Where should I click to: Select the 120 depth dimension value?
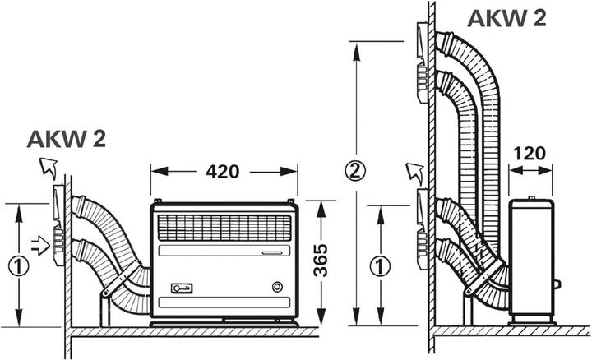click(529, 153)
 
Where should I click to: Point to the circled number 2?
click(354, 172)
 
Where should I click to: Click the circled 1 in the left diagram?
click(16, 265)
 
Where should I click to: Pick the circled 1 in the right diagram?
click(377, 265)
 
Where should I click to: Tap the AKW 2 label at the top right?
click(507, 18)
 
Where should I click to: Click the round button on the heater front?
click(276, 287)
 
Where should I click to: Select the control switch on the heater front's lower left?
click(181, 288)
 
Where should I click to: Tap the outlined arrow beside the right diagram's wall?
click(413, 173)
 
